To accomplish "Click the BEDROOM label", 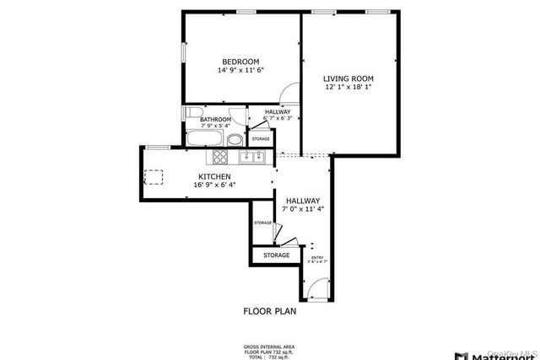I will coord(240,62).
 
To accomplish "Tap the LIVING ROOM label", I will coord(348,79).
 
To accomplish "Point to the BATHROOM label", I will coord(215,120).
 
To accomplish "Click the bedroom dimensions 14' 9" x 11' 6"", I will coord(240,71).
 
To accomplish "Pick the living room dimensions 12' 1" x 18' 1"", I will coord(348,88).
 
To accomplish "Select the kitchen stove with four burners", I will coord(219,156).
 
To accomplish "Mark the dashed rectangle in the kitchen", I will coord(154,177).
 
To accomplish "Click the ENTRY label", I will coord(317,258).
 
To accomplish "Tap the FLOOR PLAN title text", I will coord(270,311).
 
